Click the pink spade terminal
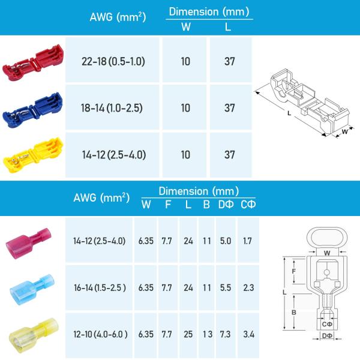pyautogui.click(x=30, y=241)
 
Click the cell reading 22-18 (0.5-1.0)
pyautogui.click(x=113, y=61)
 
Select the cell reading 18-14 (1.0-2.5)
pyautogui.click(x=113, y=108)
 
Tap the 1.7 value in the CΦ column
pyautogui.click(x=246, y=241)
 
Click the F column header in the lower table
pyautogui.click(x=167, y=205)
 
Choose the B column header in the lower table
pyautogui.click(x=206, y=205)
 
